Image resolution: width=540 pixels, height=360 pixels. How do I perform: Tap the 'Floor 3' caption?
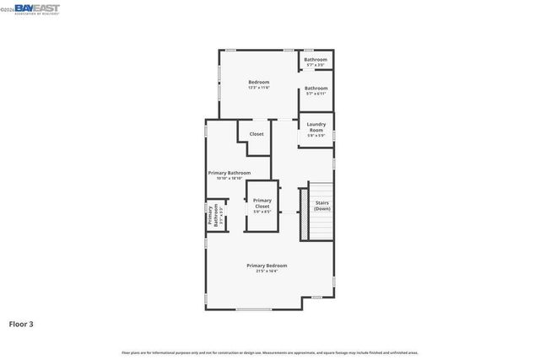(21, 323)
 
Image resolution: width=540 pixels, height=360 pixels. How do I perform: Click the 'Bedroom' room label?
(258, 82)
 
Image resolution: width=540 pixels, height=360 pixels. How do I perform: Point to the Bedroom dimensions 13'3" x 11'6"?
(258, 88)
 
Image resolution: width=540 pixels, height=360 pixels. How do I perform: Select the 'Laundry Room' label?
(316, 127)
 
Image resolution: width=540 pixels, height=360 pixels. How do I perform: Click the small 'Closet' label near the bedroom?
(256, 134)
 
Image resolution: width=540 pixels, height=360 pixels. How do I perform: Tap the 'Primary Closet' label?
(262, 203)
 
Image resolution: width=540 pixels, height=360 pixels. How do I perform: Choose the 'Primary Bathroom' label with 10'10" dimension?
(229, 173)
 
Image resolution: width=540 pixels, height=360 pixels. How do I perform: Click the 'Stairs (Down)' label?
(322, 205)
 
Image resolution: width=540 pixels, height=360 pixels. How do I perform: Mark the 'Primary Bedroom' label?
(267, 266)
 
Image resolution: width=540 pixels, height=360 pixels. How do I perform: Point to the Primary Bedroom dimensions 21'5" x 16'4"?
(267, 271)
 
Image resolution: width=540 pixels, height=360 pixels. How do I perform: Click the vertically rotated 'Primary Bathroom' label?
(212, 216)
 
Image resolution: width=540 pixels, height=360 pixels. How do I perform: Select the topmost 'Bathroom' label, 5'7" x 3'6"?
(316, 60)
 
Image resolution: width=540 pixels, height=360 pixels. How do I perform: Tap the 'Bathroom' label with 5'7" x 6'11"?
(316, 89)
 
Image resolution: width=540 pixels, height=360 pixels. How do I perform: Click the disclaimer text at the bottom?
(270, 352)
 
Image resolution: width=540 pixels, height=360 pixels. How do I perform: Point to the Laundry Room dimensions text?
(316, 137)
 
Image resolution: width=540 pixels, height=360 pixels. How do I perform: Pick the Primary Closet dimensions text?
(262, 212)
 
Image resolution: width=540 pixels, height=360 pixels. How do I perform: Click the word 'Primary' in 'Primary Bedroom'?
(256, 266)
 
